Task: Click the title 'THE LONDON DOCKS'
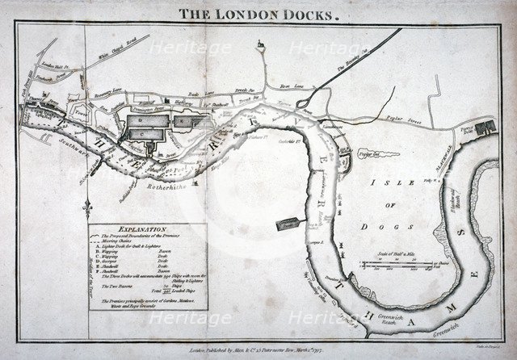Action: click(258, 14)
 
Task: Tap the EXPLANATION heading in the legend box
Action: click(143, 229)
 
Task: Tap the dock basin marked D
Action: click(184, 121)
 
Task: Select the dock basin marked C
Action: click(145, 128)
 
